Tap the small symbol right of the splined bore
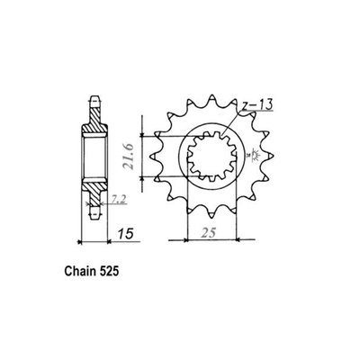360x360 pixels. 248,157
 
